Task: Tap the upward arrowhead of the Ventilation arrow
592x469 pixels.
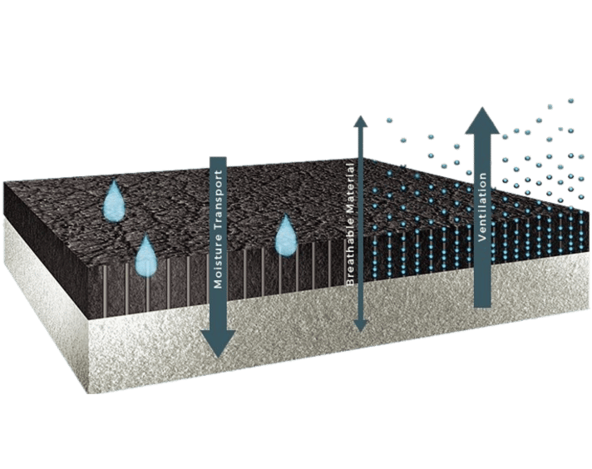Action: tap(482, 121)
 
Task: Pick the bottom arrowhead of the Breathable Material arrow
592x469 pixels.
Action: tap(359, 325)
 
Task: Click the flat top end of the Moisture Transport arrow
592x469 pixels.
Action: tap(218, 157)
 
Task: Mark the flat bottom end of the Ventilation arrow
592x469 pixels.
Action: tap(482, 306)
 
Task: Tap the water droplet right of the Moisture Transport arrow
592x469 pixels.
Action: tap(286, 235)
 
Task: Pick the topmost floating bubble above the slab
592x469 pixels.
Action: tap(570, 101)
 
